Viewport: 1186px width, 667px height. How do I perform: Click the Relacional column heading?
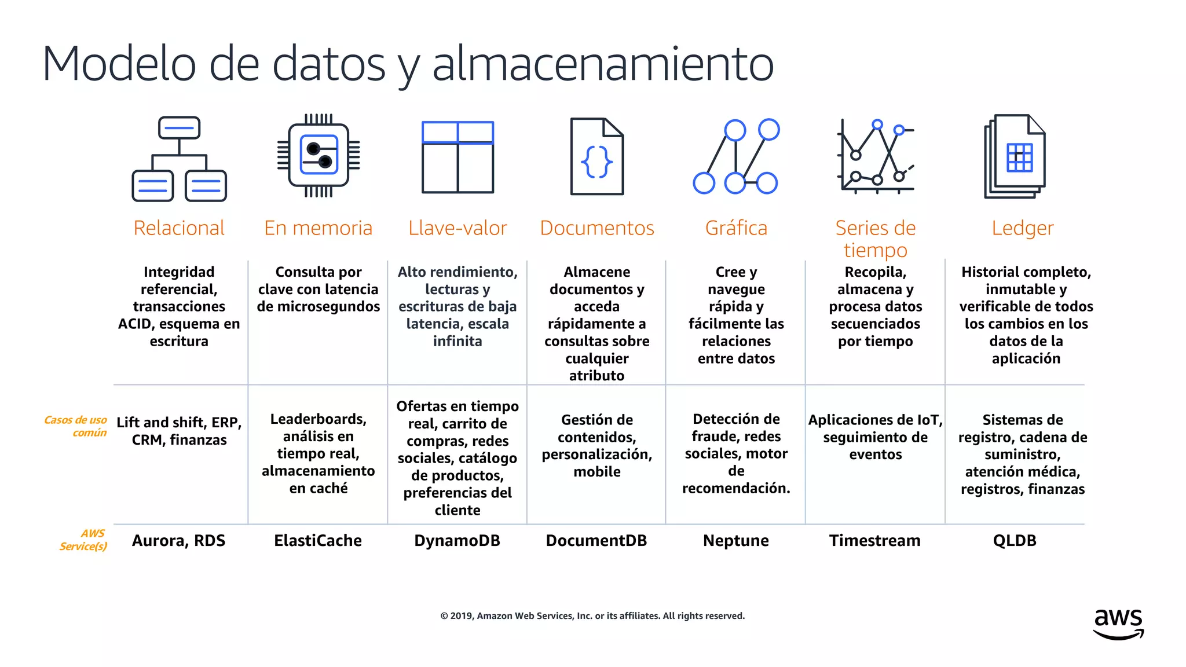(179, 228)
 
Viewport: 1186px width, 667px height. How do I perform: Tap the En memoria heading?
(318, 228)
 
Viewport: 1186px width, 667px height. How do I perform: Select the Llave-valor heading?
(457, 228)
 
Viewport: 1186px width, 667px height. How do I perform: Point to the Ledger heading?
(1022, 228)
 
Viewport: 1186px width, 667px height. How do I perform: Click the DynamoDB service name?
(457, 541)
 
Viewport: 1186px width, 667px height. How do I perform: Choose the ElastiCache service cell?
(318, 541)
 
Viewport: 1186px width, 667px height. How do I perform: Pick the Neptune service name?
(735, 541)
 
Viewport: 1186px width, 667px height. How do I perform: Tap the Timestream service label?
(874, 541)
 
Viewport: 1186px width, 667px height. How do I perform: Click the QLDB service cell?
(1015, 541)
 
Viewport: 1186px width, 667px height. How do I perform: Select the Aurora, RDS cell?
(178, 541)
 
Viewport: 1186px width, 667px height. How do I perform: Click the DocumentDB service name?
(596, 541)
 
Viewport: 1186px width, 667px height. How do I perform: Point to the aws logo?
(1118, 624)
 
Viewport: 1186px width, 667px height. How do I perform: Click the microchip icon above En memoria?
(319, 155)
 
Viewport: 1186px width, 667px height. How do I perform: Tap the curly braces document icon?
(596, 156)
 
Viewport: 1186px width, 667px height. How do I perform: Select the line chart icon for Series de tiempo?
(875, 155)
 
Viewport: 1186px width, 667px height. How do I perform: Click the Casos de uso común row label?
(76, 426)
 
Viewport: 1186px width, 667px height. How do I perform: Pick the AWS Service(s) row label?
(85, 540)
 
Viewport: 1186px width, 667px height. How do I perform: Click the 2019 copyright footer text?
(592, 616)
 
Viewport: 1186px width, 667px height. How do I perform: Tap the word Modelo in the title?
(119, 64)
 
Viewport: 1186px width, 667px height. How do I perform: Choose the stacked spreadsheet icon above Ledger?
(1015, 156)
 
